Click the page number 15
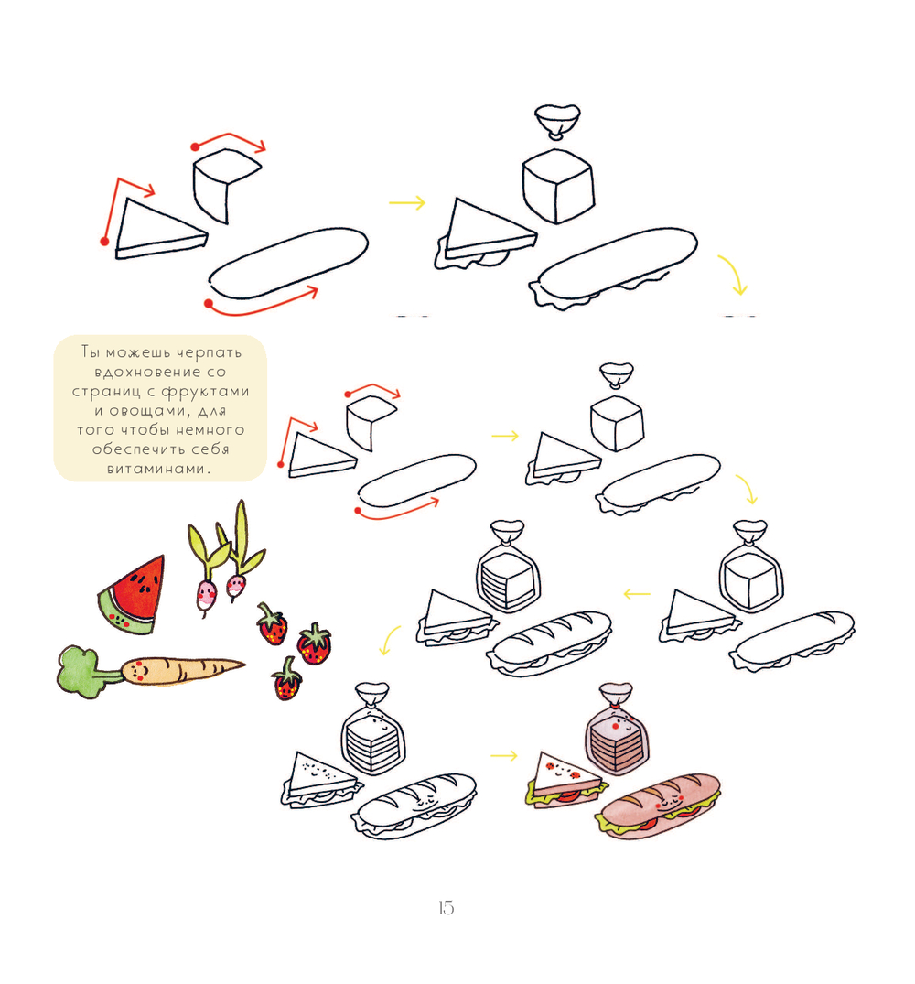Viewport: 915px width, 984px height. click(x=446, y=907)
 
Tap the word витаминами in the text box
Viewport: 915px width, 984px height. click(x=156, y=469)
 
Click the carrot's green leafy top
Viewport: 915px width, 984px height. click(x=80, y=672)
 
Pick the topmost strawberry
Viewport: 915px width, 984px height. click(x=272, y=624)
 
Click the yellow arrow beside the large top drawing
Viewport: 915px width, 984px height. click(x=407, y=202)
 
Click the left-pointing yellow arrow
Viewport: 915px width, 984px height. click(x=637, y=594)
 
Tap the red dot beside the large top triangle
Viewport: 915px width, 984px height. click(x=104, y=241)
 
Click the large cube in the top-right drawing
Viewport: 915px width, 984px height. click(x=557, y=186)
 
